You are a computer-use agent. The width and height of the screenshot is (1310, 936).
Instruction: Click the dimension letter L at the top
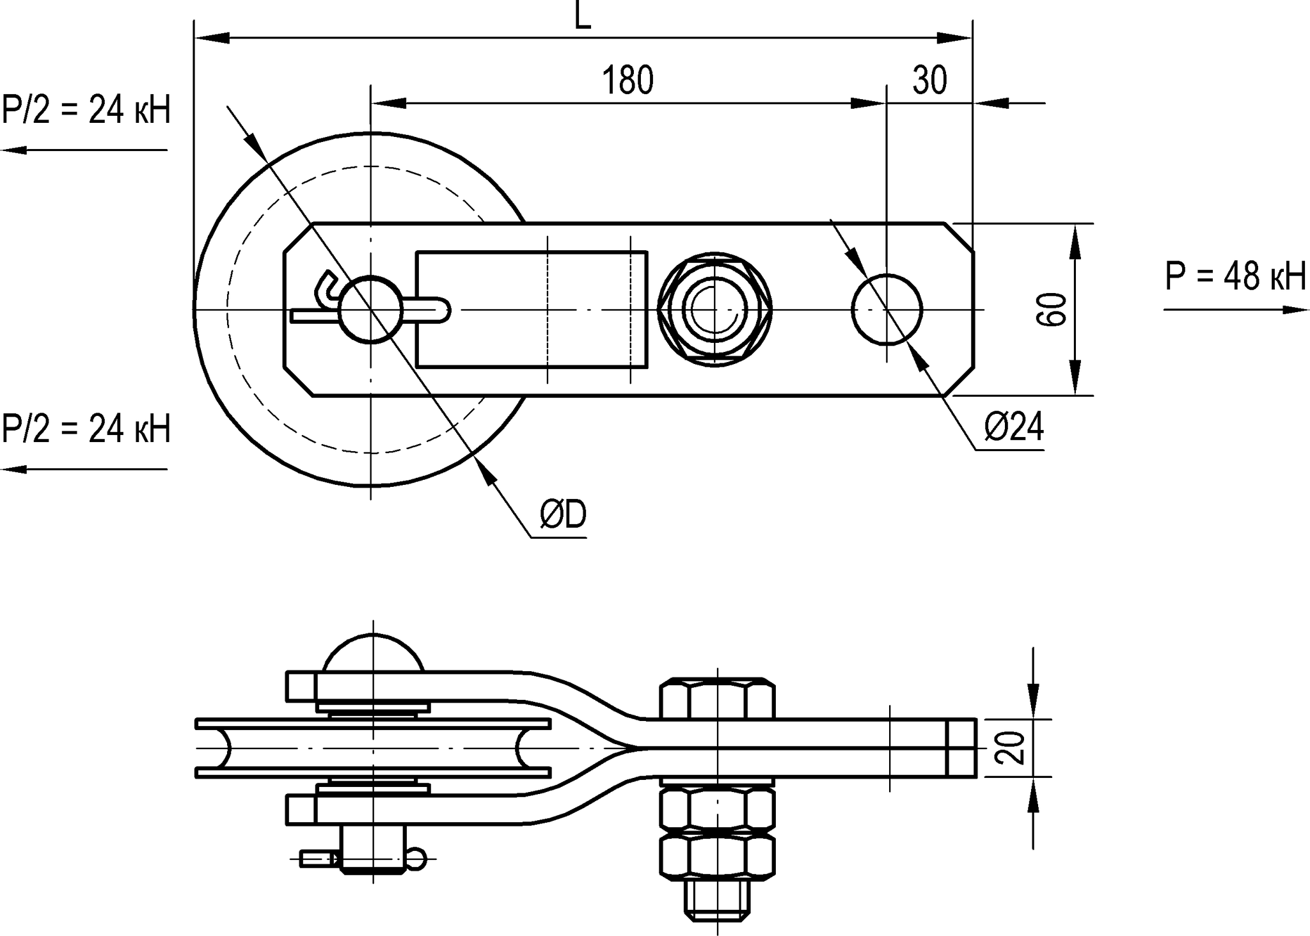(x=582, y=16)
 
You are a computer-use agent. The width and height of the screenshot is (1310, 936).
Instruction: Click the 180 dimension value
(x=627, y=81)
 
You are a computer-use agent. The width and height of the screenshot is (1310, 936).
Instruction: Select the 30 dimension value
(x=929, y=81)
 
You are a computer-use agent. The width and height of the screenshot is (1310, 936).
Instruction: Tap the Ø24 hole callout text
(x=1014, y=427)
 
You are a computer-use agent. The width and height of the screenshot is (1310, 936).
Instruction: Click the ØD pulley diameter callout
(x=563, y=515)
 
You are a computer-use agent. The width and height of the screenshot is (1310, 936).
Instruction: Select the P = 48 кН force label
(x=1235, y=277)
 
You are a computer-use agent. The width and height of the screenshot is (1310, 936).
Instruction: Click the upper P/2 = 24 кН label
(x=86, y=110)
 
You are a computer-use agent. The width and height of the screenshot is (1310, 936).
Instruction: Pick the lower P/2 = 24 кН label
(x=86, y=428)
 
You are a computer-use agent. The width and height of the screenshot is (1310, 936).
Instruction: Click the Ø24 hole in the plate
(x=887, y=310)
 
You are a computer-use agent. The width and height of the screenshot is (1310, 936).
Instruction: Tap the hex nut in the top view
(x=714, y=310)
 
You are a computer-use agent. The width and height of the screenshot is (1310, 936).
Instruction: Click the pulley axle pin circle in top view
(x=370, y=310)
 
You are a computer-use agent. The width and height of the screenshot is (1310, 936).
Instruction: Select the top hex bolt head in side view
(x=717, y=699)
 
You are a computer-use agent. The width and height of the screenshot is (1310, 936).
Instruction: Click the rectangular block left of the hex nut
(x=532, y=310)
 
